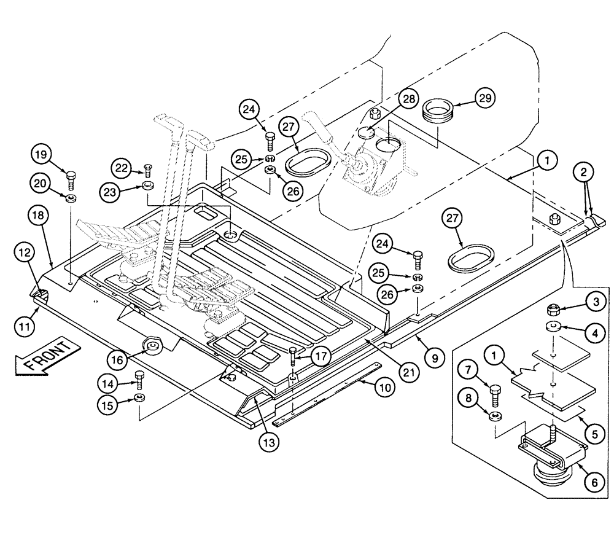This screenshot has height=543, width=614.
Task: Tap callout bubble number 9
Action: point(434,356)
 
